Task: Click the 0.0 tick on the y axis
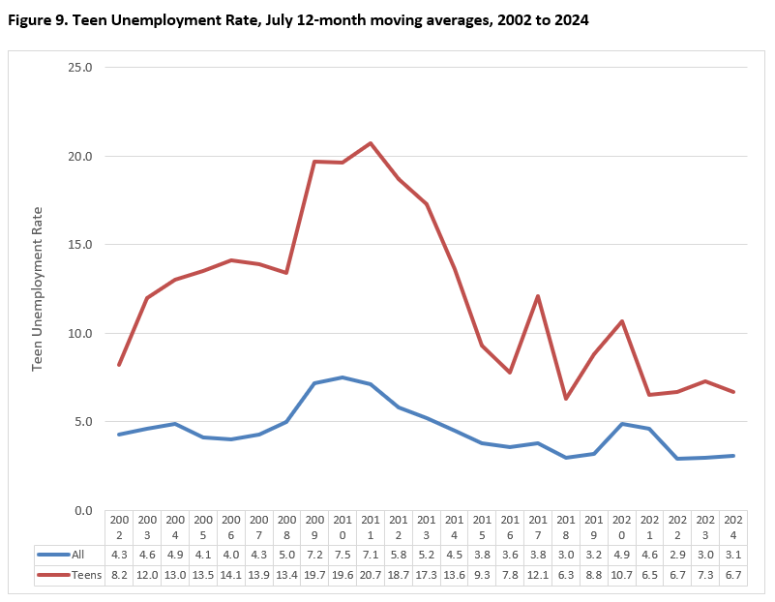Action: point(84,510)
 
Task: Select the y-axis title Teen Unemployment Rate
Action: point(39,288)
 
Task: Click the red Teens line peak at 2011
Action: point(371,143)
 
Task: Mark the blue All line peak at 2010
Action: point(343,377)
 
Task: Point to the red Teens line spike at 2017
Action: point(538,296)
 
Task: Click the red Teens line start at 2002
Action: point(119,365)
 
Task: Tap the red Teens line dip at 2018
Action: point(566,399)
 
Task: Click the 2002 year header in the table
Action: point(119,527)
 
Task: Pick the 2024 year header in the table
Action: point(733,527)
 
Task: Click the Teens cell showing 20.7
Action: point(371,574)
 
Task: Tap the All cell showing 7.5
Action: point(343,555)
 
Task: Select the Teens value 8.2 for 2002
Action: point(119,574)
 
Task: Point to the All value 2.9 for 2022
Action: point(677,555)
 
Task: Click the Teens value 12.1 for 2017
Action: point(538,574)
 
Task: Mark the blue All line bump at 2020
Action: point(622,424)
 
